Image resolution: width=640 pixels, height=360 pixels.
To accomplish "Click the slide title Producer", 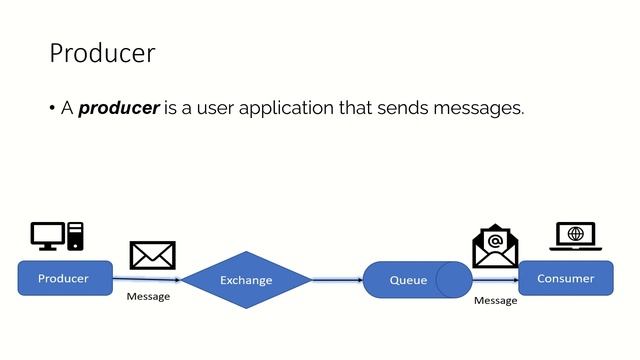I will click(102, 53).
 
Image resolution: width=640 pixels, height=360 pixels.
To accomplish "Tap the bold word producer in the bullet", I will click(119, 108).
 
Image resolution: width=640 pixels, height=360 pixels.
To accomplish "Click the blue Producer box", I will click(64, 278).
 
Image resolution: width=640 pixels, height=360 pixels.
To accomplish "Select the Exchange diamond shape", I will click(246, 280).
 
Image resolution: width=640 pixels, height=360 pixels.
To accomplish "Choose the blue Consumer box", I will click(565, 278).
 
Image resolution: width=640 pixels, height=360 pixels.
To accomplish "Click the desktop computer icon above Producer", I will click(57, 236).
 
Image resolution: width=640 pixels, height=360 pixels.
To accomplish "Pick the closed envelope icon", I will click(152, 255).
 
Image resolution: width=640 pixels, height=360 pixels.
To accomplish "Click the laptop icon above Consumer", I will click(575, 237).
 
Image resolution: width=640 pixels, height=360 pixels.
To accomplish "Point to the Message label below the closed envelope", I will click(148, 297).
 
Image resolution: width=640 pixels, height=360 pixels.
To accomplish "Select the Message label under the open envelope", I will click(495, 300).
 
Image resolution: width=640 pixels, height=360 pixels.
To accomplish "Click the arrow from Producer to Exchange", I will click(146, 279).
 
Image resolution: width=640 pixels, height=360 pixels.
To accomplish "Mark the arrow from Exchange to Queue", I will click(337, 280).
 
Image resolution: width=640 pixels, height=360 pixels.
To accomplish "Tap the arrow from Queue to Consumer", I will click(495, 280).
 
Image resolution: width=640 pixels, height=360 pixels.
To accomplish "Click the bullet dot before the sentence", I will click(52, 109).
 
